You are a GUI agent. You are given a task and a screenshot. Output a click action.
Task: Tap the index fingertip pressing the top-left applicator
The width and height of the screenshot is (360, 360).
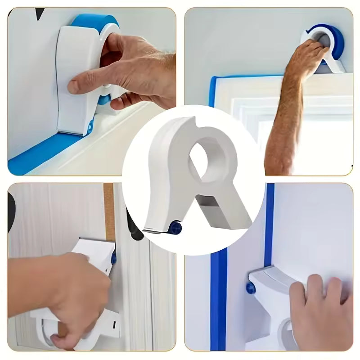72,87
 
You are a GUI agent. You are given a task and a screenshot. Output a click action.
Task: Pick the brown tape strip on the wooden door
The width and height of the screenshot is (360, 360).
109,211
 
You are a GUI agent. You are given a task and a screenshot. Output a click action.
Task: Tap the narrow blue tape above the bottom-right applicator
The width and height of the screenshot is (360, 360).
270,225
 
